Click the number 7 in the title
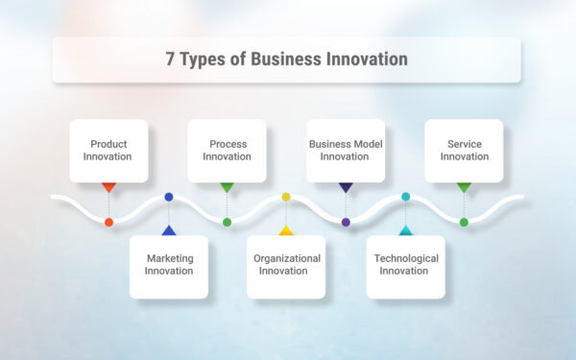click(171, 60)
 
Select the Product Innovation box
click(108, 150)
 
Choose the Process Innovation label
click(227, 150)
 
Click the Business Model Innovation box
click(346, 150)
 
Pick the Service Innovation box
click(464, 150)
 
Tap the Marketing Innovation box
click(169, 265)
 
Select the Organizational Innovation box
click(286, 265)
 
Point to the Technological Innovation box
click(406, 265)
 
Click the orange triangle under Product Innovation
click(108, 187)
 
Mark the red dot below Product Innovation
click(108, 222)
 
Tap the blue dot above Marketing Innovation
click(169, 197)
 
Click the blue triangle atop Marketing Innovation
click(169, 230)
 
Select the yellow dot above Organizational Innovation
click(286, 197)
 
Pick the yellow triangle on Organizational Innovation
click(286, 230)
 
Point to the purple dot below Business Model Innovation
click(346, 222)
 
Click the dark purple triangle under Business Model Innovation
click(346, 187)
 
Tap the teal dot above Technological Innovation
click(405, 197)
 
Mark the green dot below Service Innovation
click(464, 222)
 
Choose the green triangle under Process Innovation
click(227, 187)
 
